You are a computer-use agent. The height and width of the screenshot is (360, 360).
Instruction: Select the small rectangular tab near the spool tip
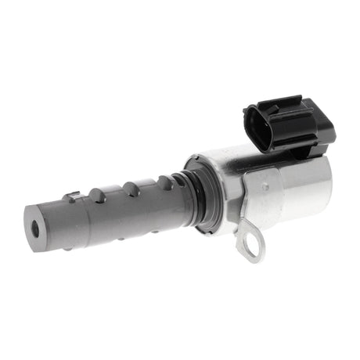tap(73, 197)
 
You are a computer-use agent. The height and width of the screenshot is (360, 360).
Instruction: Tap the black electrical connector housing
tap(286, 125)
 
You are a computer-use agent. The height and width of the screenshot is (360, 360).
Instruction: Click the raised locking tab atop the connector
tap(282, 101)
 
